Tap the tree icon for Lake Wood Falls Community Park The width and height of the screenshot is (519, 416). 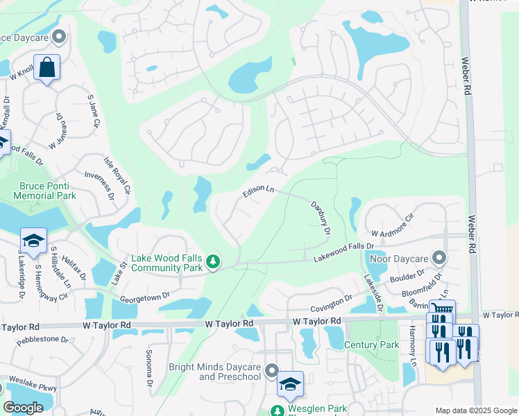[x=214, y=261]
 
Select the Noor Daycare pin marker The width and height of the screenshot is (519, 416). [x=438, y=258]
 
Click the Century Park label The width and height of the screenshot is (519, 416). [x=376, y=345]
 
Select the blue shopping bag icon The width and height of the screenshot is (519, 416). [x=46, y=68]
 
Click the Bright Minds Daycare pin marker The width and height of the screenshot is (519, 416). [x=271, y=372]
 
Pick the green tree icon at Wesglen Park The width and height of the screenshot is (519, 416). [x=277, y=410]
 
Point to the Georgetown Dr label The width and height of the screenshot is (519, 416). [x=145, y=296]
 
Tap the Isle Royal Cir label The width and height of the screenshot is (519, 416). [x=117, y=174]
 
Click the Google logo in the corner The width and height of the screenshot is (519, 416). [x=23, y=408]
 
